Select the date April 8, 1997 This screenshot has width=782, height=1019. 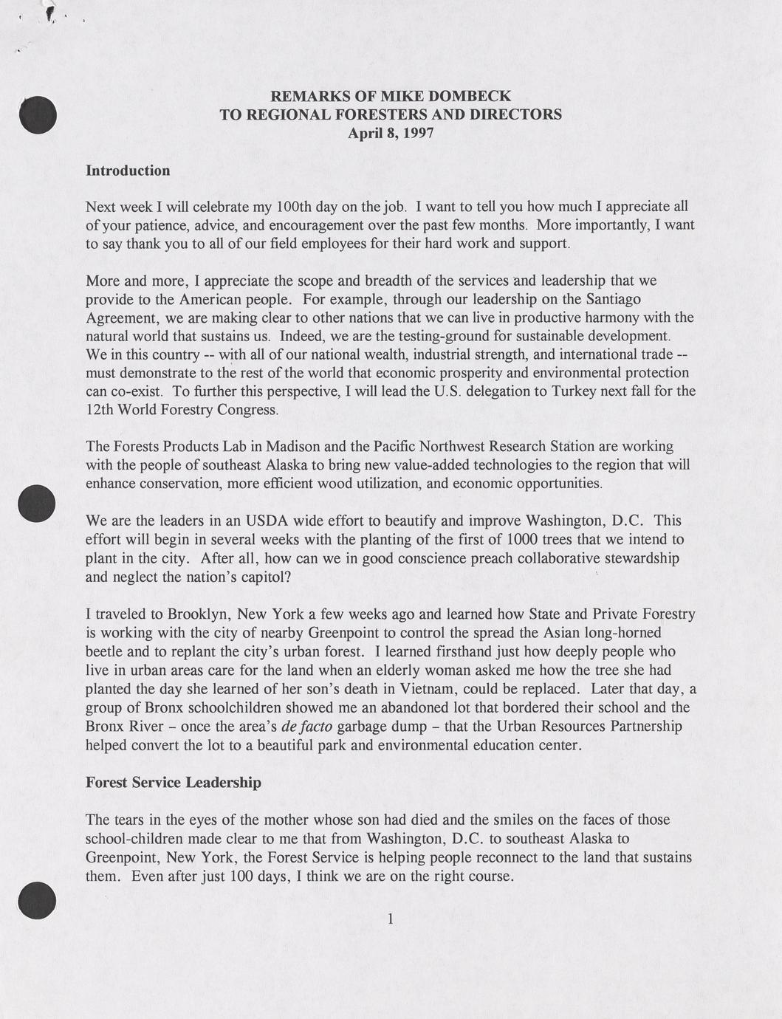pos(391,133)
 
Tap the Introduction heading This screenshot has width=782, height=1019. pos(128,171)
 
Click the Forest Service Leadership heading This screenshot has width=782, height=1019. pos(174,782)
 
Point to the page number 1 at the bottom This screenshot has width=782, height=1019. pos(390,919)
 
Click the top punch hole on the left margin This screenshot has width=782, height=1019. pos(38,114)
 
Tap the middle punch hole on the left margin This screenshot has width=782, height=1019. pos(36,503)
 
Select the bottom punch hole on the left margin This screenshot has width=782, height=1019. pos(37,900)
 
